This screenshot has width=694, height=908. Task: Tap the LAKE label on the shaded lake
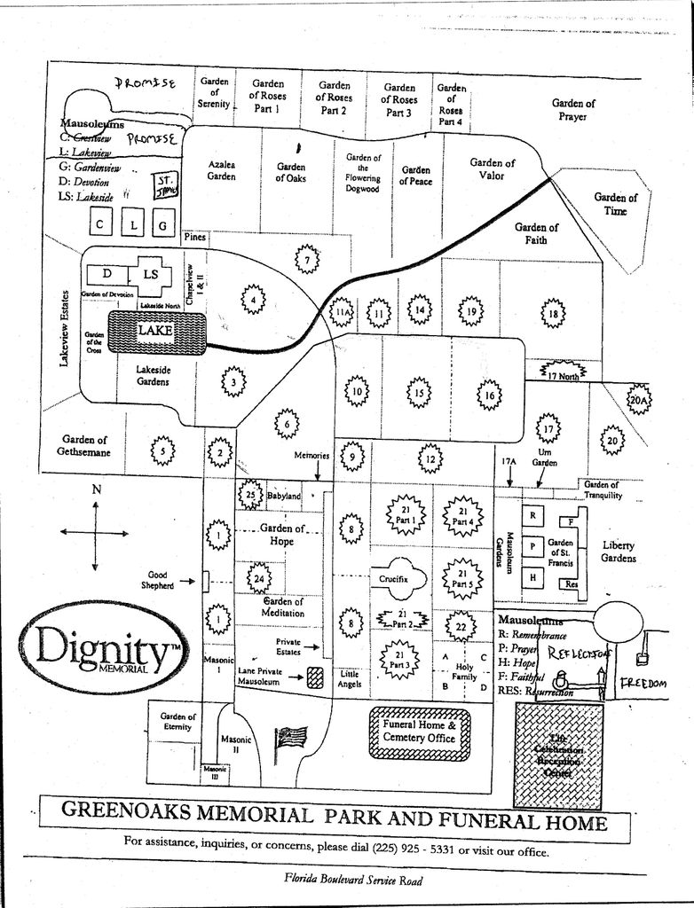coord(156,329)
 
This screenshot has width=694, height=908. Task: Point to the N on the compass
coord(97,489)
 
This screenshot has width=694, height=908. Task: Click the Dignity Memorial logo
coord(104,652)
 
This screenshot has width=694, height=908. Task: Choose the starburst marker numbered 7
coord(306,260)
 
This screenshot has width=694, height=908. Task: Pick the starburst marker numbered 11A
coord(343,312)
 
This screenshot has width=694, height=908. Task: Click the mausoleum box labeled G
coord(162,225)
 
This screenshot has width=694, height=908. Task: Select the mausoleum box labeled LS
coord(152,274)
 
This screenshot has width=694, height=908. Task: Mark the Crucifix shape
coord(394,578)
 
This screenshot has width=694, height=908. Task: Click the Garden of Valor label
coord(492,168)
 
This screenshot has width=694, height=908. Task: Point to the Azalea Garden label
coord(222,170)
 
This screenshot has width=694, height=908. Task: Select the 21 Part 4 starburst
coord(461,516)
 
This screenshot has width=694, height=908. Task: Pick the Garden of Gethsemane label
coord(85,446)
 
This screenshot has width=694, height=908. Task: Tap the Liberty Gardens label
coord(619,552)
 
